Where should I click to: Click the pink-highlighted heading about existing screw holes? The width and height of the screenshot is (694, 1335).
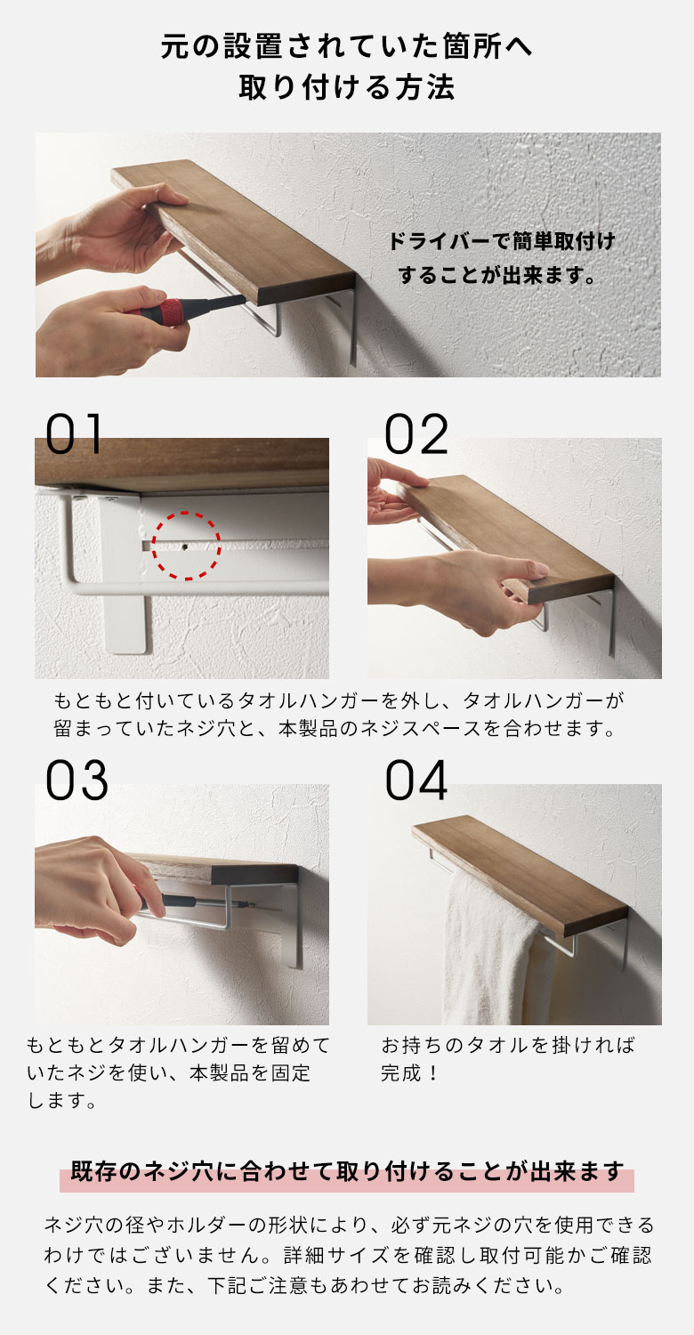[x=346, y=1173]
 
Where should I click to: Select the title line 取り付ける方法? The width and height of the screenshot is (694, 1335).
[x=346, y=88]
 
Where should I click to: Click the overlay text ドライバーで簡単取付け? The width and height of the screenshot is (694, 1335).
[x=502, y=241]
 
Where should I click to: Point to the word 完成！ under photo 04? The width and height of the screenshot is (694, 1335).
[x=410, y=1073]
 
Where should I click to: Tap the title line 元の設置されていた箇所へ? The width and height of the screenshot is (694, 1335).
[x=346, y=45]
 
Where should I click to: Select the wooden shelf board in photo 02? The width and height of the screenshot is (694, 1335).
[x=503, y=534]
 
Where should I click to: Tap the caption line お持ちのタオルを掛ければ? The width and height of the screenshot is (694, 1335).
[x=508, y=1045]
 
